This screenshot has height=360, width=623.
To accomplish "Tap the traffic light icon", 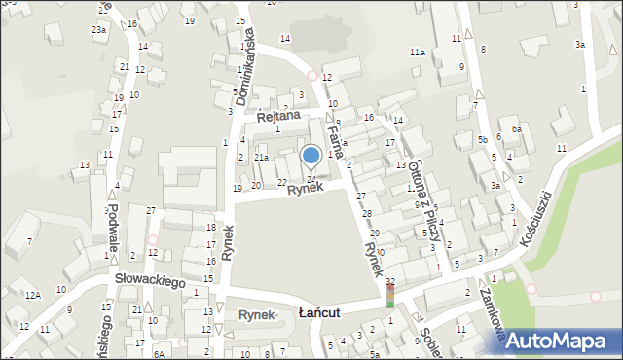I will (x=390, y=296).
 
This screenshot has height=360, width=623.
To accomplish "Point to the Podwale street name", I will (x=114, y=226).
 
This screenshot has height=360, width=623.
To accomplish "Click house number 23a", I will (x=99, y=30).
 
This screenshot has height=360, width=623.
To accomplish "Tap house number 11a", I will (x=417, y=52).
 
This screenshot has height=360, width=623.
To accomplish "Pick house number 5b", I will (x=483, y=140).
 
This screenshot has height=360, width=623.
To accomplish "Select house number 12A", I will (x=33, y=295).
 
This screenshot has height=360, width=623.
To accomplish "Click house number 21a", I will (x=261, y=157).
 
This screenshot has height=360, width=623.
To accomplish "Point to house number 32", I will (x=390, y=281).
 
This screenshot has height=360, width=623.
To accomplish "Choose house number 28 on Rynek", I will (x=367, y=213).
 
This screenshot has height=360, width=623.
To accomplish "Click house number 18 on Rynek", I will (x=211, y=227).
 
